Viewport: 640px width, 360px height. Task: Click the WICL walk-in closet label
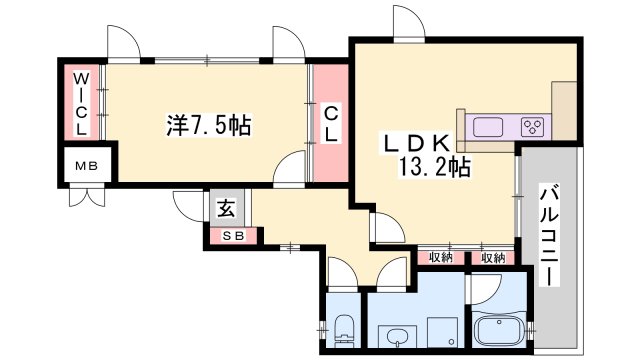pos(81,104)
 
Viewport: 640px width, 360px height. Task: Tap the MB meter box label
pos(87,166)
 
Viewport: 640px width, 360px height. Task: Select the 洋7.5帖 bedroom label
pos(209,125)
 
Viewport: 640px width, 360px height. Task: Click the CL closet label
pos(331,124)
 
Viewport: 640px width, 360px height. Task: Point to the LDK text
pos(416,143)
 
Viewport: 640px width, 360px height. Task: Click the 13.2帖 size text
pos(434,167)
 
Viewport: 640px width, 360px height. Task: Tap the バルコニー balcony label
pos(549,235)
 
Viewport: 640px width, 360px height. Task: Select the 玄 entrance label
pos(226,208)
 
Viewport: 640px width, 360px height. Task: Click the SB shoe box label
pos(233,236)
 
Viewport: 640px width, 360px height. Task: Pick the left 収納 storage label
pos(441,258)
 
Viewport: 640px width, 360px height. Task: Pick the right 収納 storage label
pos(493,258)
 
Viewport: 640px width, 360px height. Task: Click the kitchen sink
pos(487,127)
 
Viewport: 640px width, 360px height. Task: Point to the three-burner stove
pos(533,127)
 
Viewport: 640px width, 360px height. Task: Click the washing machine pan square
pos(442,332)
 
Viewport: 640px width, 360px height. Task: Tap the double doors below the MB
pos(87,197)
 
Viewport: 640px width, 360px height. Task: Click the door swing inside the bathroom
pos(486,289)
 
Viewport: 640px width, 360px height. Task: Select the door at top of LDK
pos(409,24)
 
